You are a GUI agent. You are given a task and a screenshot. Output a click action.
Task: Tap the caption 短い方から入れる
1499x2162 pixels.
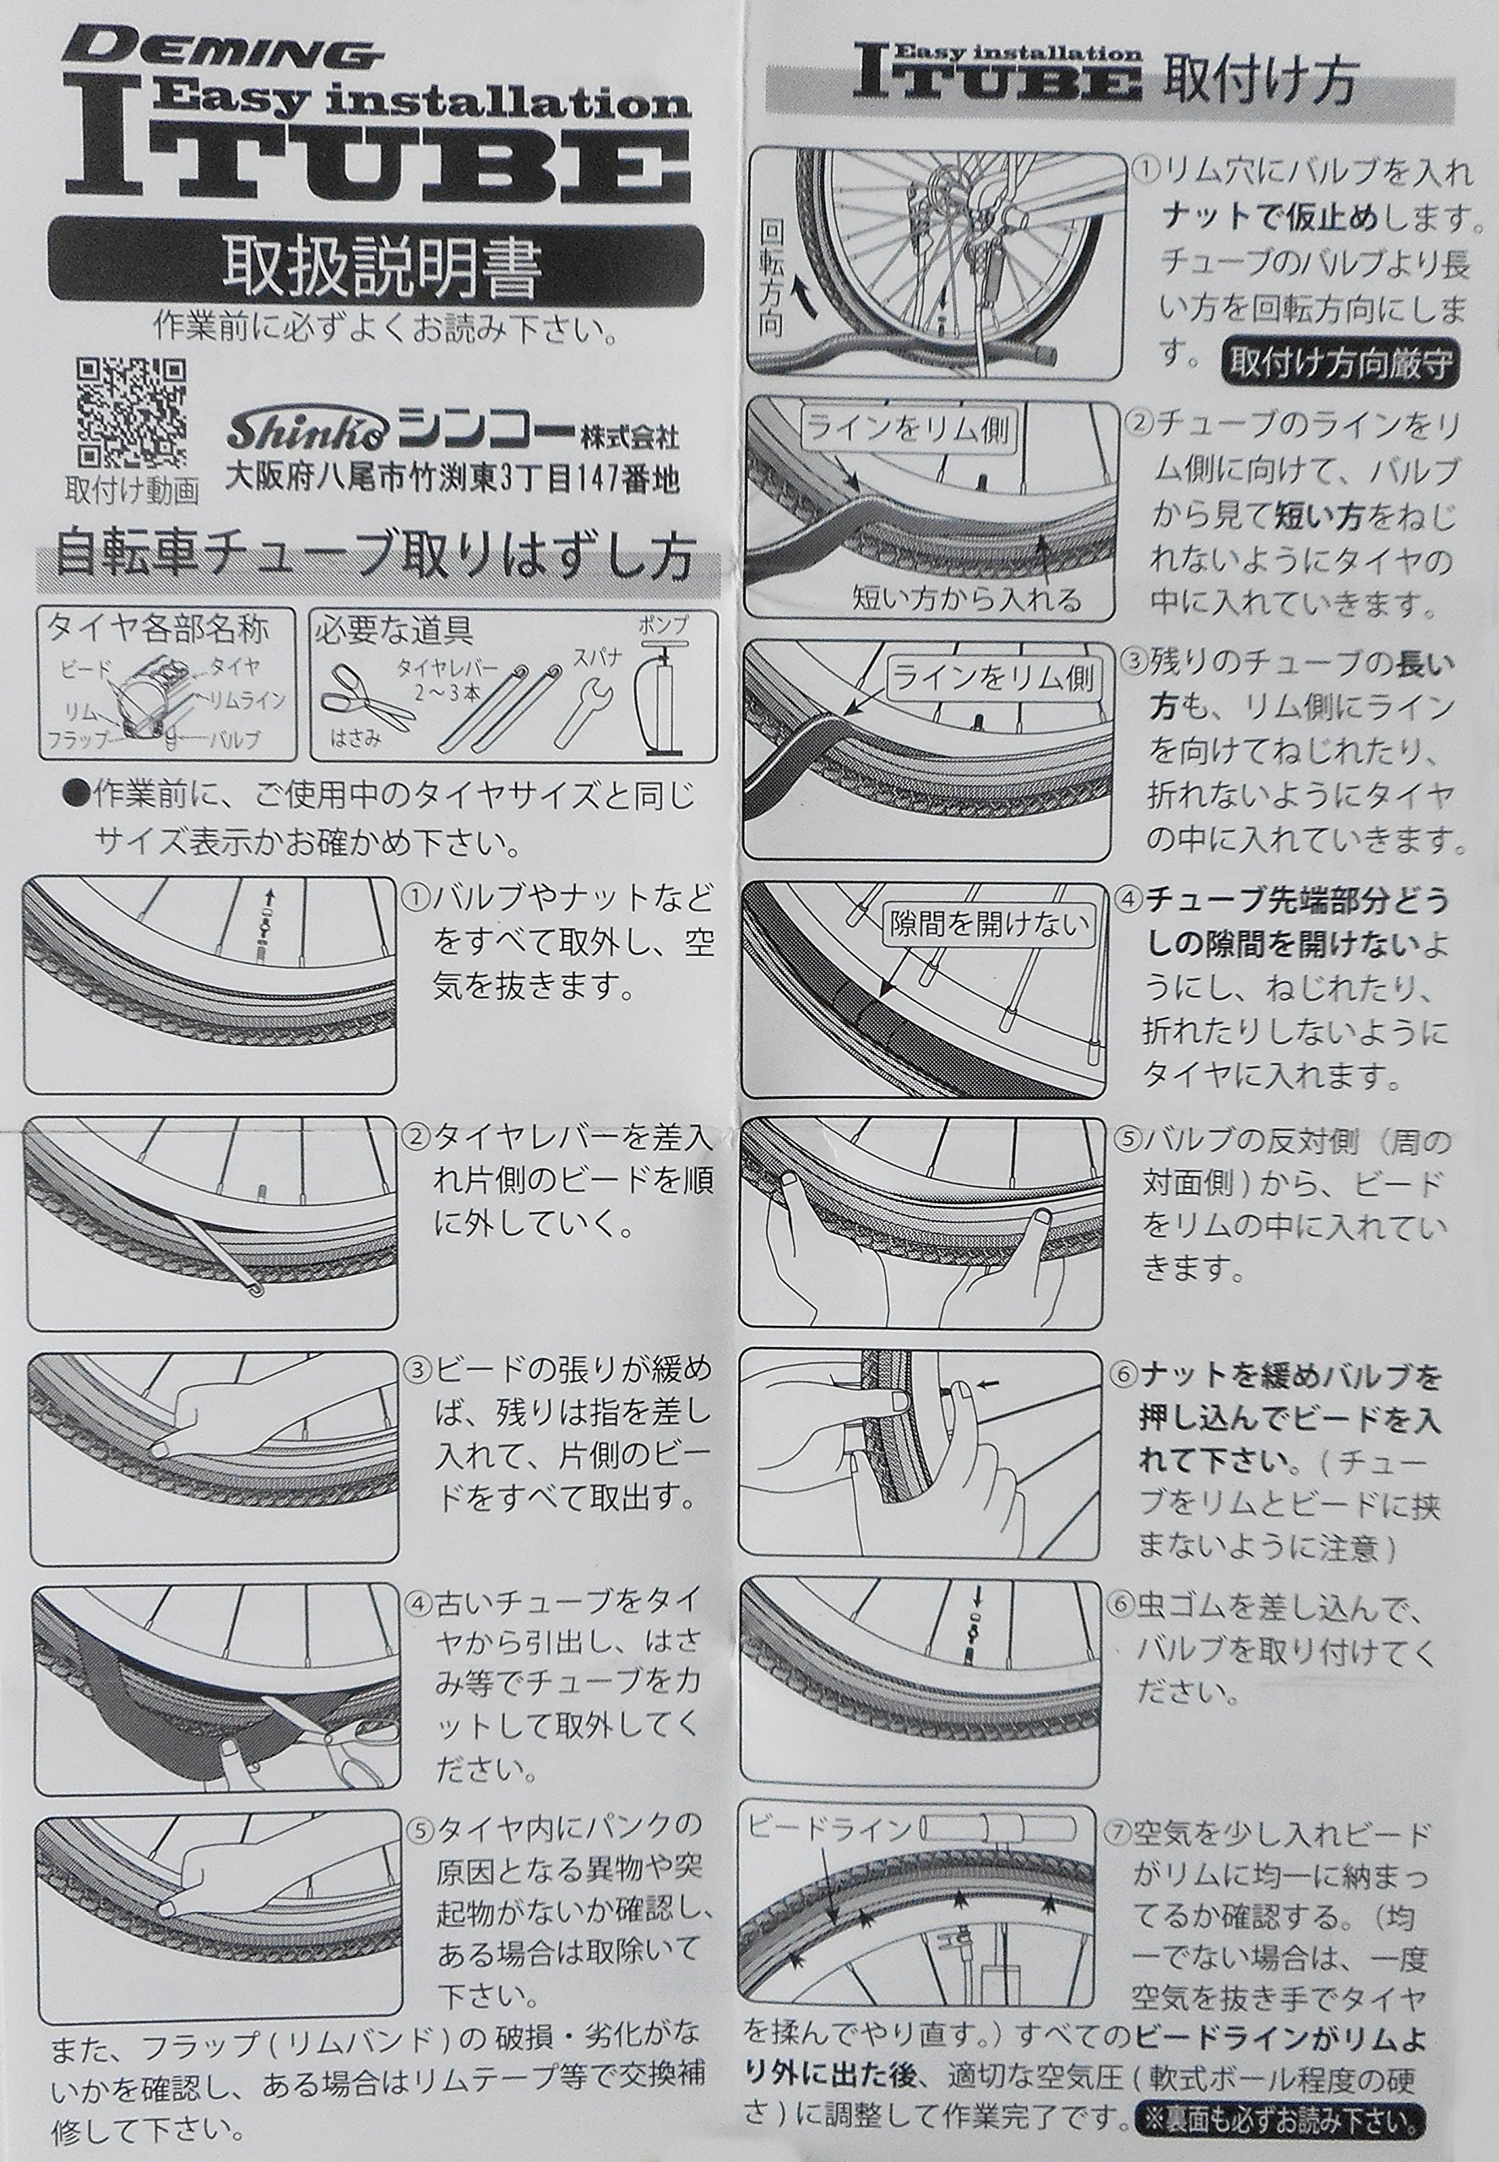point(969,598)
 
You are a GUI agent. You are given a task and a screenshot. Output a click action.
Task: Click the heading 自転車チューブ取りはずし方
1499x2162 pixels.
point(375,558)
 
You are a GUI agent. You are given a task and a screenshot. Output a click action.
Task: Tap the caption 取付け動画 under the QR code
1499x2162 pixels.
point(133,491)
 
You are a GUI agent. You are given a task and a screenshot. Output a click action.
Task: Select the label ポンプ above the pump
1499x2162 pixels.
point(663,623)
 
